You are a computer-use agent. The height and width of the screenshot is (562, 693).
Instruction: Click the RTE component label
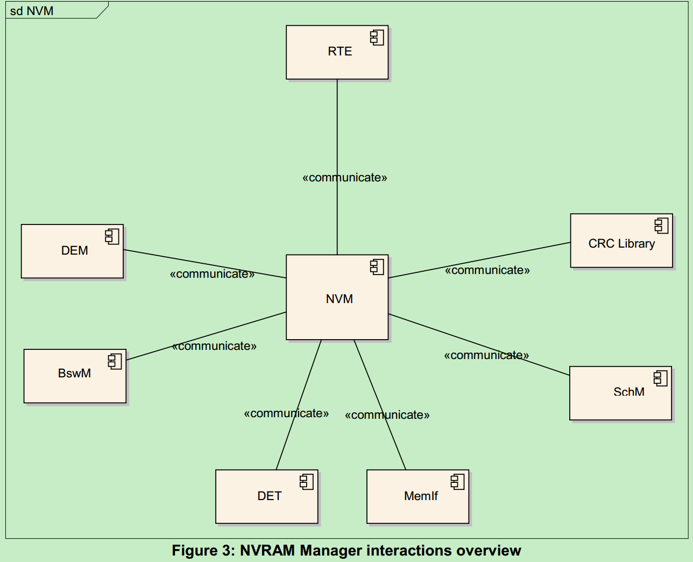coord(340,51)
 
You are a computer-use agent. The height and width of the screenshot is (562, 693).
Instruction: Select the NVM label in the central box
coord(339,299)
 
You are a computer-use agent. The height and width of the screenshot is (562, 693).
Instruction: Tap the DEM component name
coord(74,250)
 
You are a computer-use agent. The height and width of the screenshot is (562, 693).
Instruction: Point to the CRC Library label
coord(621,243)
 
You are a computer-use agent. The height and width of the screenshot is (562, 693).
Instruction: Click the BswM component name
coord(74,373)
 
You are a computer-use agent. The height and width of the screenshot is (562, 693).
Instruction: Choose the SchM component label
coord(628,391)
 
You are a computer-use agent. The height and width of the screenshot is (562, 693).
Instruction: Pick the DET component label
coord(269,496)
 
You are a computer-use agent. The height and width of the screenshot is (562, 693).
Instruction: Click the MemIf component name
coord(421,496)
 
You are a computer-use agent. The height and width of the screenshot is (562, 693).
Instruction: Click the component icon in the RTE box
coord(377,37)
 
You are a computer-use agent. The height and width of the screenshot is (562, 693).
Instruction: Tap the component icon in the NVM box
coord(377,266)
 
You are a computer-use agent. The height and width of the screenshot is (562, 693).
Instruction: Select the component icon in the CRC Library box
coord(661,226)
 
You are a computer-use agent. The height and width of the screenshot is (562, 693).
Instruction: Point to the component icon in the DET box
coord(307,481)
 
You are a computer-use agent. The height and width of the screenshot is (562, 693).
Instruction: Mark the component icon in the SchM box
coord(660,378)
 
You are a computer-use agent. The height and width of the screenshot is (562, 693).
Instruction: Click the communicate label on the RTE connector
coord(344,177)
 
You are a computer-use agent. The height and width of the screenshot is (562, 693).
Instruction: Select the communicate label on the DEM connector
coord(212,273)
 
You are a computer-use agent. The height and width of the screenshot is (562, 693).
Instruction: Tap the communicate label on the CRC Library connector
coord(487,270)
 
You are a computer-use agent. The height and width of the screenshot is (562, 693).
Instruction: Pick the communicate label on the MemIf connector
coord(387,415)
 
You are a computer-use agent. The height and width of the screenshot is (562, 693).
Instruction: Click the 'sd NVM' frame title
coord(32,11)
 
